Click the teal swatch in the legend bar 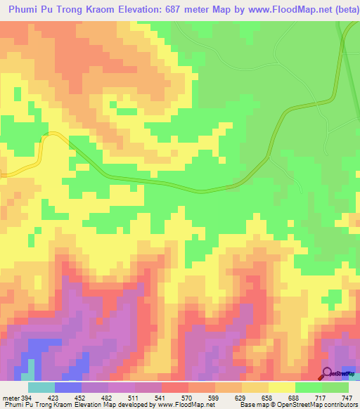pos(41,387)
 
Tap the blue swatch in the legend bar pos(67,387)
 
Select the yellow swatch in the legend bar pos(281,387)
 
